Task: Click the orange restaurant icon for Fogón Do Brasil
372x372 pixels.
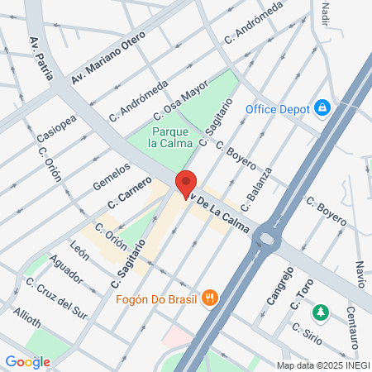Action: [x=212, y=298]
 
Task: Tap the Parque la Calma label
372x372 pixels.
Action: [x=170, y=137]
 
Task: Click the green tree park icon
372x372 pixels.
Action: [x=320, y=312]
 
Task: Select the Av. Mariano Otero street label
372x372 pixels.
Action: [x=108, y=58]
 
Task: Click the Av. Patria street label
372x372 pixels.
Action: [x=41, y=58]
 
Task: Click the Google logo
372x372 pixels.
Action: [x=27, y=361]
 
